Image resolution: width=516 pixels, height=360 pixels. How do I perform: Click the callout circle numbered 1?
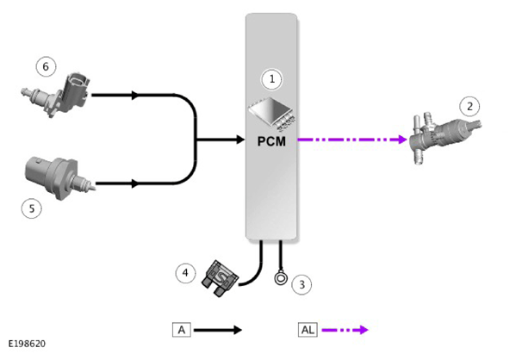[x=272, y=79]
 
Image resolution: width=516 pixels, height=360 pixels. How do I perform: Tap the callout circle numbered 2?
[x=469, y=106]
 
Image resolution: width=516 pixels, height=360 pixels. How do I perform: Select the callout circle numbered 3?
[x=302, y=285]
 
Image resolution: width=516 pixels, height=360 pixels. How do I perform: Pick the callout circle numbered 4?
[x=185, y=273]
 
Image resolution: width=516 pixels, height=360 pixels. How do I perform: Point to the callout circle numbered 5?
[x=32, y=208]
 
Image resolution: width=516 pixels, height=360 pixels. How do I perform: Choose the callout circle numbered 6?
[x=46, y=66]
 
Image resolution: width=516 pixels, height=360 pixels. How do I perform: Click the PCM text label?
[x=271, y=141]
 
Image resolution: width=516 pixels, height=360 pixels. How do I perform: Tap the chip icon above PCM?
[x=272, y=113]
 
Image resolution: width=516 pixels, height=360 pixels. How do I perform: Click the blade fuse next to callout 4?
[x=220, y=278]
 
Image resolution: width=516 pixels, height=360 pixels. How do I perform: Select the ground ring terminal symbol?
[x=281, y=278]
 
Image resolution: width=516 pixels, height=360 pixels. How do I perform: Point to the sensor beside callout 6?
[x=56, y=94]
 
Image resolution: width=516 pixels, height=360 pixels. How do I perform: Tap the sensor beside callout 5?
[x=59, y=177]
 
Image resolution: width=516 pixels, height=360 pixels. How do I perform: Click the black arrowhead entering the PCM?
[x=240, y=140]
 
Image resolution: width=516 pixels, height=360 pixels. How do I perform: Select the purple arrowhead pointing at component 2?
[x=403, y=140]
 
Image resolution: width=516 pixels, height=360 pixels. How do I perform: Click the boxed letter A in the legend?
[x=182, y=330]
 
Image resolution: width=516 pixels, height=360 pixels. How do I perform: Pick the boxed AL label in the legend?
[x=308, y=330]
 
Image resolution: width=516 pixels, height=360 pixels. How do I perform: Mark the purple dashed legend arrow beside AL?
[x=345, y=330]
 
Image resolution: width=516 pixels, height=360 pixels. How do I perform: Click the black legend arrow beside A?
[x=218, y=330]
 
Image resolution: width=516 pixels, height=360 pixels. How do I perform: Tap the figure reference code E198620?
[x=27, y=344]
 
